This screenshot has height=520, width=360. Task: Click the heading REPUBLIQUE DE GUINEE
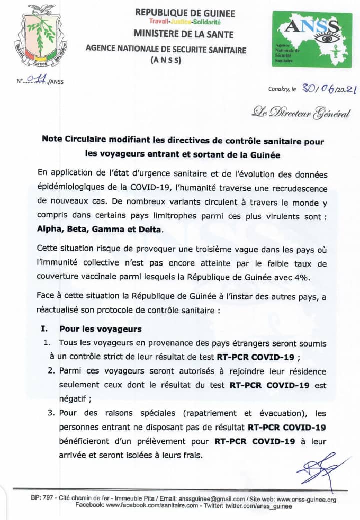click(185, 13)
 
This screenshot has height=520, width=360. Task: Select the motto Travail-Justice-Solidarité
click(185, 22)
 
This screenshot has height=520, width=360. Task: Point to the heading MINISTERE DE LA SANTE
click(185, 33)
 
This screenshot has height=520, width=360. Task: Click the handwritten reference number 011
click(37, 78)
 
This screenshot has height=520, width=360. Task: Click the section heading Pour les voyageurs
click(100, 329)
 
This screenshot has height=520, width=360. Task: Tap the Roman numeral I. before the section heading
click(44, 329)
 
